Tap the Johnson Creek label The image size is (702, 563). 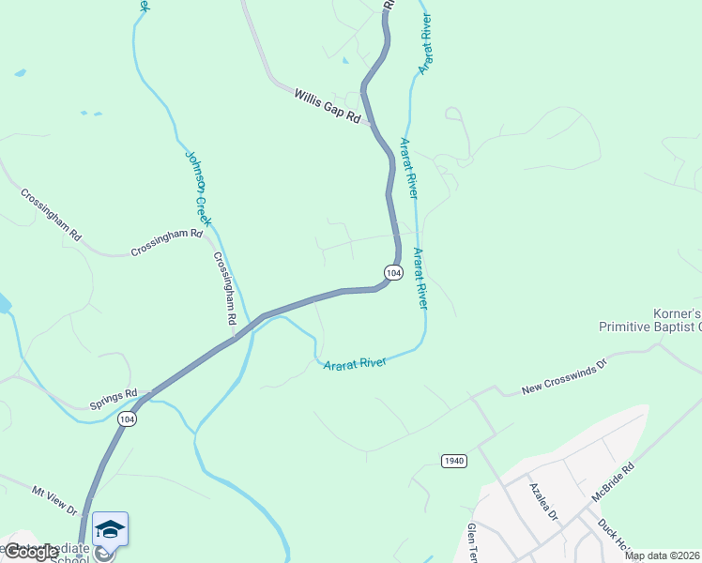pyautogui.click(x=198, y=188)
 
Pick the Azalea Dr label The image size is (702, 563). pyautogui.click(x=543, y=501)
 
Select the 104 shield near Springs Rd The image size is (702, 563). pyautogui.click(x=128, y=419)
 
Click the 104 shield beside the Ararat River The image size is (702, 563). pyautogui.click(x=393, y=272)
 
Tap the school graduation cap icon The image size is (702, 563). pyautogui.click(x=110, y=529)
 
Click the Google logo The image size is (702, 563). pyautogui.click(x=30, y=552)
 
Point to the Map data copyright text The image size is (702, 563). pyautogui.click(x=662, y=555)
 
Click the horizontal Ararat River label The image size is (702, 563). pyautogui.click(x=355, y=361)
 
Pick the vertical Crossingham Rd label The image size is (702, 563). pyautogui.click(x=224, y=288)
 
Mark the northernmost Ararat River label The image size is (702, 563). pyautogui.click(x=424, y=45)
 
